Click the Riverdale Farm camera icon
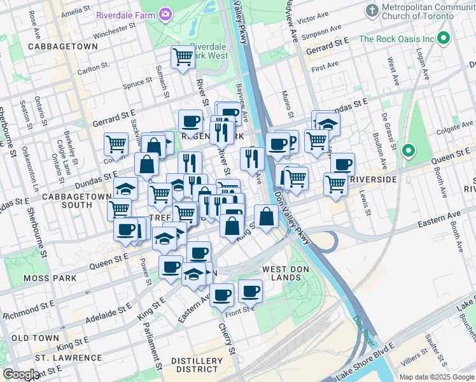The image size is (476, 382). [165, 13]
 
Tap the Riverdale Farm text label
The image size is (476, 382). [125, 14]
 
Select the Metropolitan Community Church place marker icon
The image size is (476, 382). [372, 11]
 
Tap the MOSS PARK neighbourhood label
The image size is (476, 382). [50, 278]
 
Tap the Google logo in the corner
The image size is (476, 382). [21, 374]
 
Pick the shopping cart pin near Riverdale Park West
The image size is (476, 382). [183, 57]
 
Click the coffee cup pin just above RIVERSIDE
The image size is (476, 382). [342, 164]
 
